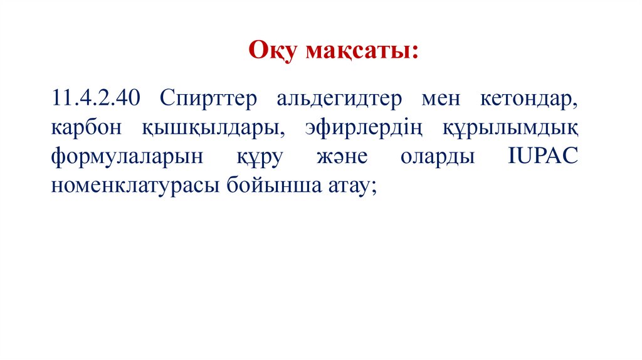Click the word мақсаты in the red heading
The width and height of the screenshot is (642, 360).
click(x=357, y=51)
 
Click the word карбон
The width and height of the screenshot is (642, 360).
click(x=85, y=128)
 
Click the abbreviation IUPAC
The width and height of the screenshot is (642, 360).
click(x=543, y=157)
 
